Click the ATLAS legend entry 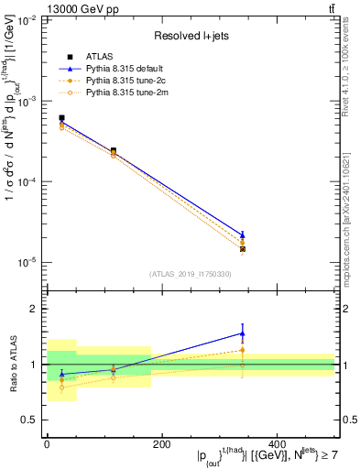tap(98, 57)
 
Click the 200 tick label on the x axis tap(161, 444)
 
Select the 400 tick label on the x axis tap(277, 444)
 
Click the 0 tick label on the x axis tap(47, 444)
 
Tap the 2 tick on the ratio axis tap(35, 309)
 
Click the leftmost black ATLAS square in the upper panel tap(61, 118)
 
